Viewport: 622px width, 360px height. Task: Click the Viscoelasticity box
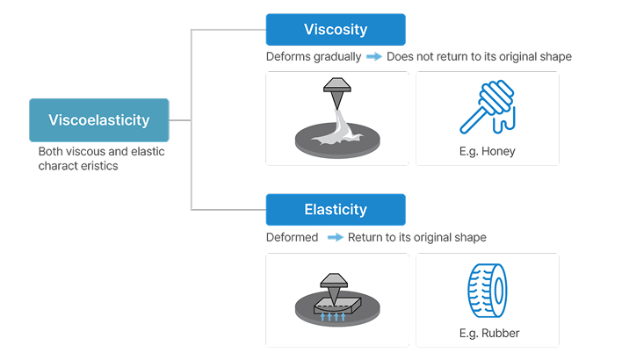point(99,120)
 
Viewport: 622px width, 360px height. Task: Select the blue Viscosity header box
point(336,30)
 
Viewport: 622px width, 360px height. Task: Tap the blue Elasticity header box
point(336,210)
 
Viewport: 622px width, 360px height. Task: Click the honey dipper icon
point(488,106)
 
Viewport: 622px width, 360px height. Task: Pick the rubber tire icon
point(488,291)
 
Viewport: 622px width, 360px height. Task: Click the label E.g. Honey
point(487,151)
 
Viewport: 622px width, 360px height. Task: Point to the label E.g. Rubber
point(489,333)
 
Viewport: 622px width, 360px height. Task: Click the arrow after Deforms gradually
point(373,57)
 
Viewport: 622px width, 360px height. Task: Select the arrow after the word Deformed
point(336,237)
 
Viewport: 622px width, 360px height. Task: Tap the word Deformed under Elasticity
point(293,237)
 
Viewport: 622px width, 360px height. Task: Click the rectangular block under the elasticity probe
point(337,306)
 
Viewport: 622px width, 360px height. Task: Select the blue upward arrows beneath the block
point(333,316)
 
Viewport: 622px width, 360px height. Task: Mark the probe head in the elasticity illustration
point(334,280)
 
